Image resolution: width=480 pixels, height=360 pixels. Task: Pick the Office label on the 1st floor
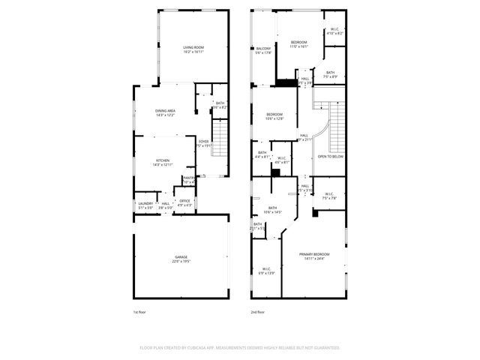point(184,202)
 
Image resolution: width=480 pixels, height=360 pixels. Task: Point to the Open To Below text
point(331,157)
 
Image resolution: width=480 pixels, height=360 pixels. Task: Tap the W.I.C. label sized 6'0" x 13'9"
point(267,271)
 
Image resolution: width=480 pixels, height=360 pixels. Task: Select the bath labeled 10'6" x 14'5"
point(272,210)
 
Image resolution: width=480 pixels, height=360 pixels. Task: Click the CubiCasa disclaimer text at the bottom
point(240,348)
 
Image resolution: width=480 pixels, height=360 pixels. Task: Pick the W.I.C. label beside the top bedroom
point(334,31)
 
